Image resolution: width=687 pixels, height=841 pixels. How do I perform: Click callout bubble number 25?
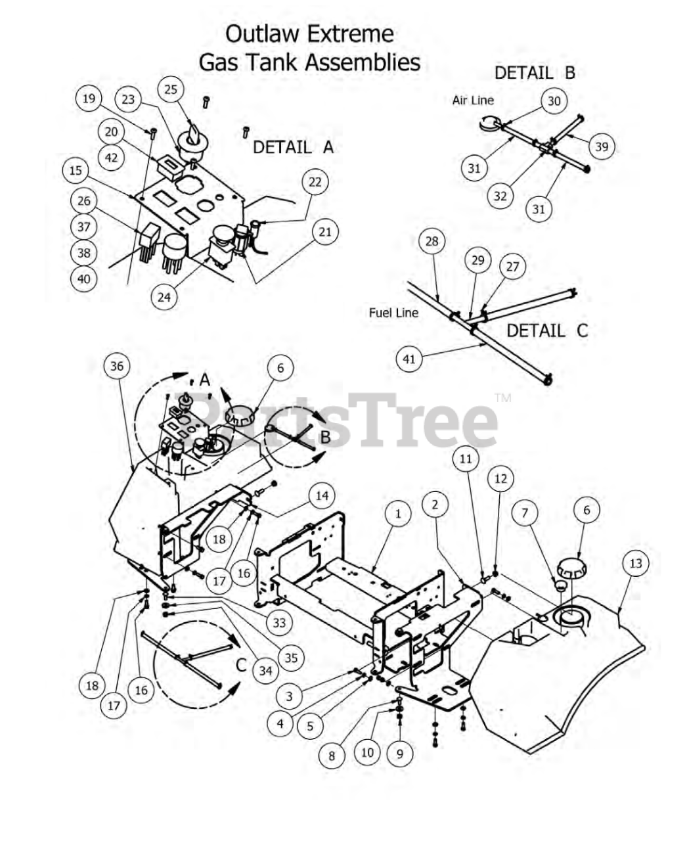click(x=171, y=89)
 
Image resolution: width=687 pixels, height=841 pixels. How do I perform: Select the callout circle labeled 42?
click(x=112, y=158)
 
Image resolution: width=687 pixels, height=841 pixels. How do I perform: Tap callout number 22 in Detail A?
click(x=315, y=182)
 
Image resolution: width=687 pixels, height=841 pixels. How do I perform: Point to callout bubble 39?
click(x=602, y=147)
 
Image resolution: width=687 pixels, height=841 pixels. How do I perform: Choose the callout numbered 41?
click(x=409, y=359)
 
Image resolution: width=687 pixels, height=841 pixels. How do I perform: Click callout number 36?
click(x=117, y=366)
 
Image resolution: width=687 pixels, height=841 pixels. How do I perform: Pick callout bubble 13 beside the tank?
click(x=636, y=563)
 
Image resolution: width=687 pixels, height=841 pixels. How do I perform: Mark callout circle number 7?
click(x=525, y=512)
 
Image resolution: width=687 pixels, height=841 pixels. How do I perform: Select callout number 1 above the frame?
click(x=397, y=513)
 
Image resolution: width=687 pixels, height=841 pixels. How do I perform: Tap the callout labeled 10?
click(x=366, y=751)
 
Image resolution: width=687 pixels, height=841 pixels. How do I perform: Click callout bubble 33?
click(x=279, y=622)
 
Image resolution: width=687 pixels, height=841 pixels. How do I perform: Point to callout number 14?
click(x=322, y=495)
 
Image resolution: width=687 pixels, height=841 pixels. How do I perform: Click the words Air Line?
click(x=473, y=101)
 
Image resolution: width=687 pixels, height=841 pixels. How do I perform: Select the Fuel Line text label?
click(x=393, y=313)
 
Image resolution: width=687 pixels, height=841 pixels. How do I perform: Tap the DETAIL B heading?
click(x=535, y=72)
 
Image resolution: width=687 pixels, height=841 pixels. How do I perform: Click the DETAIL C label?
click(x=547, y=330)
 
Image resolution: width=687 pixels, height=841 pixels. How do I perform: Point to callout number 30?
click(x=554, y=101)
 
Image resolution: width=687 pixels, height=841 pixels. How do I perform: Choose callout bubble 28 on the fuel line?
click(x=432, y=241)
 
